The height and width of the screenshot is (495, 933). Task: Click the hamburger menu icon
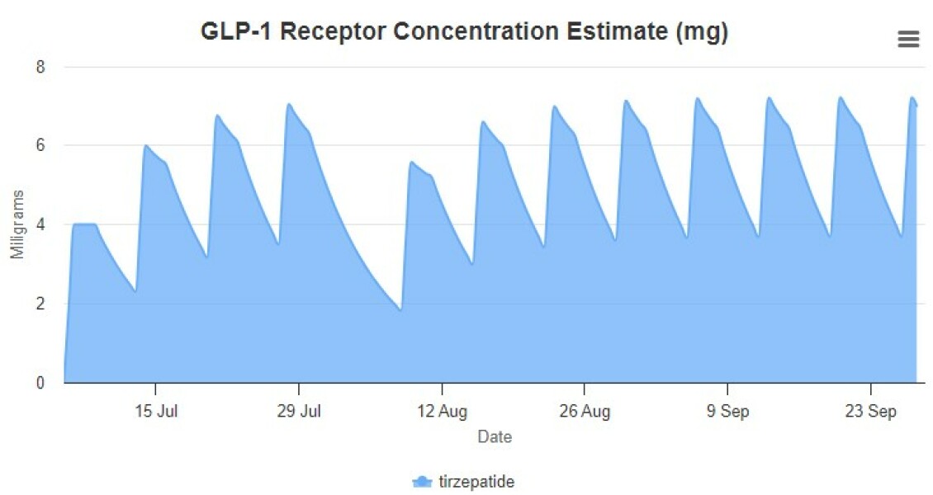[908, 39]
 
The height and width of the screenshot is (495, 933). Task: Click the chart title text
[465, 32]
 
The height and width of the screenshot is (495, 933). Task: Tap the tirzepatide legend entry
[463, 482]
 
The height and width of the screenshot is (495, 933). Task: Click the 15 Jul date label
[155, 412]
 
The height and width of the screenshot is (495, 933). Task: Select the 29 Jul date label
[299, 412]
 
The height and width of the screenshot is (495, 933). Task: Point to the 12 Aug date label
[442, 412]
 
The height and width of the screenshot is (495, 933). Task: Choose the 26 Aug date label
[585, 412]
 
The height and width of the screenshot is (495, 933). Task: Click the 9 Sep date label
[727, 412]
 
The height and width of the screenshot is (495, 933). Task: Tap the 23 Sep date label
[871, 412]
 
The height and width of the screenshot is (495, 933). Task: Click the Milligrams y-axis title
[18, 224]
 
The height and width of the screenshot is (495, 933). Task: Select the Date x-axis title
[495, 437]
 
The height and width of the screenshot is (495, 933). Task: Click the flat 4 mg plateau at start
[85, 224]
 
